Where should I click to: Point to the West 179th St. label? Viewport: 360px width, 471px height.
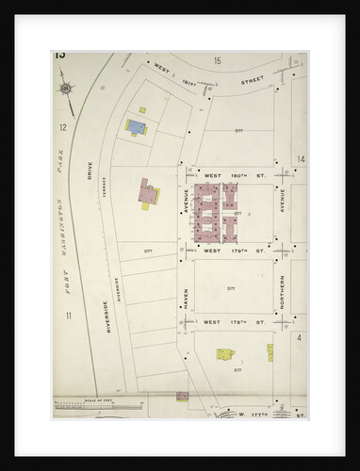coord(232,251)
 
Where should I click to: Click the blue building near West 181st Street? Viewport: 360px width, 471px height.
coord(137,125)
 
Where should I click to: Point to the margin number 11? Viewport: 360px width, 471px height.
coord(68,315)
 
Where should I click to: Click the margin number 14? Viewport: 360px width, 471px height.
coord(301,159)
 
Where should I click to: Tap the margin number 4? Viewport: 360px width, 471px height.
coord(299,336)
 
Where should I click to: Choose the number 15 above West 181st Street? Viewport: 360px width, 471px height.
coord(217,60)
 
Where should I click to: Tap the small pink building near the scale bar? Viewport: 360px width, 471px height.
coord(183,395)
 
